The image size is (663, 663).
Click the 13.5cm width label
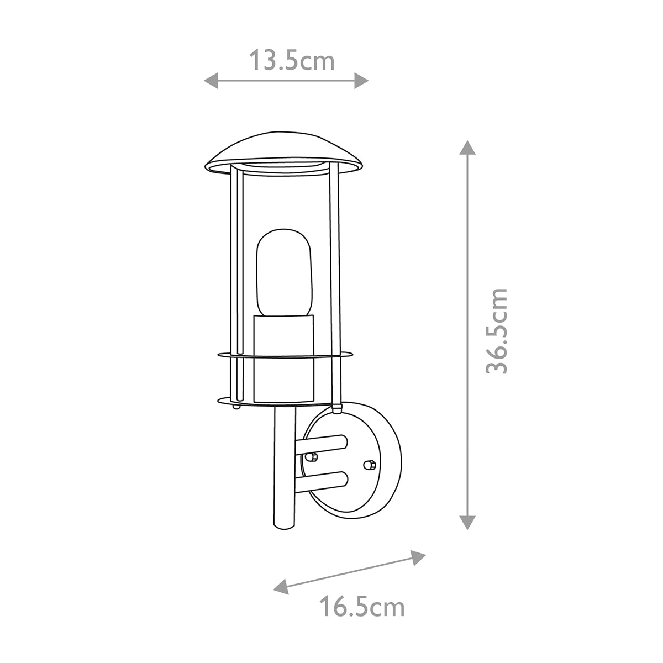291,60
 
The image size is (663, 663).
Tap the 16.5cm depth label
362,607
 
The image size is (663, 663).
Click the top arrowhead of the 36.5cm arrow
467,148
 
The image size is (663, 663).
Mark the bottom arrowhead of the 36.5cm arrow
467,522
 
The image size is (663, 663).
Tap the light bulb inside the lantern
284,271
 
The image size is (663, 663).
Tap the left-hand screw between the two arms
311,457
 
